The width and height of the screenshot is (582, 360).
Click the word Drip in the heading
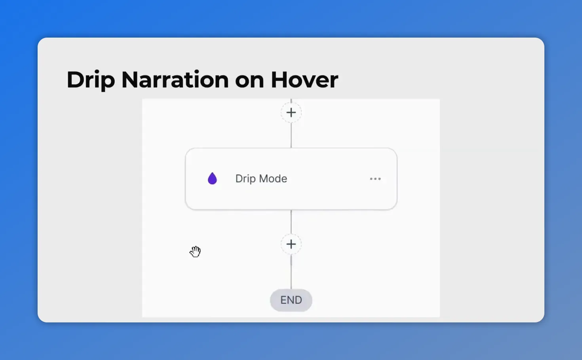90,80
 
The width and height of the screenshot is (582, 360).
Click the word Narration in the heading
175,80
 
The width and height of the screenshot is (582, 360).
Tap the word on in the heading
249,80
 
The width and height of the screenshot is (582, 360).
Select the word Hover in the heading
304,80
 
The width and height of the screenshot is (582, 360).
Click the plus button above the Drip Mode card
291,113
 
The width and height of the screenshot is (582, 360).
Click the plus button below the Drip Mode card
291,244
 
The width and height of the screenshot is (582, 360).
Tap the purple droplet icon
212,179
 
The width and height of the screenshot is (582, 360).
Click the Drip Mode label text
261,179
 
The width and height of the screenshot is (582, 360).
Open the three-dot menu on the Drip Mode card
375,179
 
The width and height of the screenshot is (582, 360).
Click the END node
291,300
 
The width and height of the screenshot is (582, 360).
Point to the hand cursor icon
195,252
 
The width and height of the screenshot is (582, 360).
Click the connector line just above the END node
291,277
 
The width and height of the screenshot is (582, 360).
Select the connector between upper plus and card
291,136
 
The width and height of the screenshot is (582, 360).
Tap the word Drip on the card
245,179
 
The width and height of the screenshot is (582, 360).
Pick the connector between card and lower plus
291,222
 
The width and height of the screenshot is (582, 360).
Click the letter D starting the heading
75,80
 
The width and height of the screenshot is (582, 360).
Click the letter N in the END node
291,300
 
